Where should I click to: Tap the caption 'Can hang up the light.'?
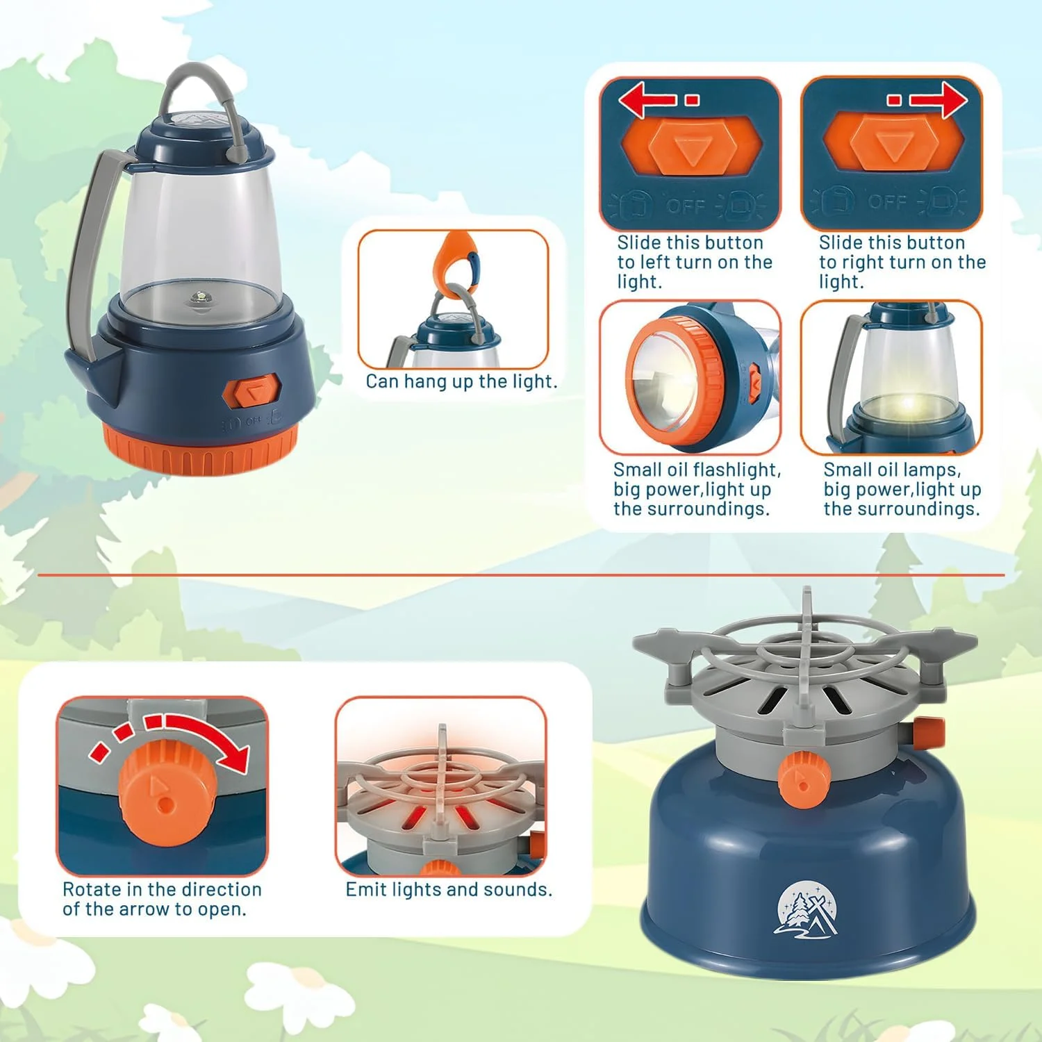461,381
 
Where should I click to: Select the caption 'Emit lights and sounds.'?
449,890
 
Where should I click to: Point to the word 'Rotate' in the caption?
91,890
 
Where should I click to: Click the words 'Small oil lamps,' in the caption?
892,470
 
